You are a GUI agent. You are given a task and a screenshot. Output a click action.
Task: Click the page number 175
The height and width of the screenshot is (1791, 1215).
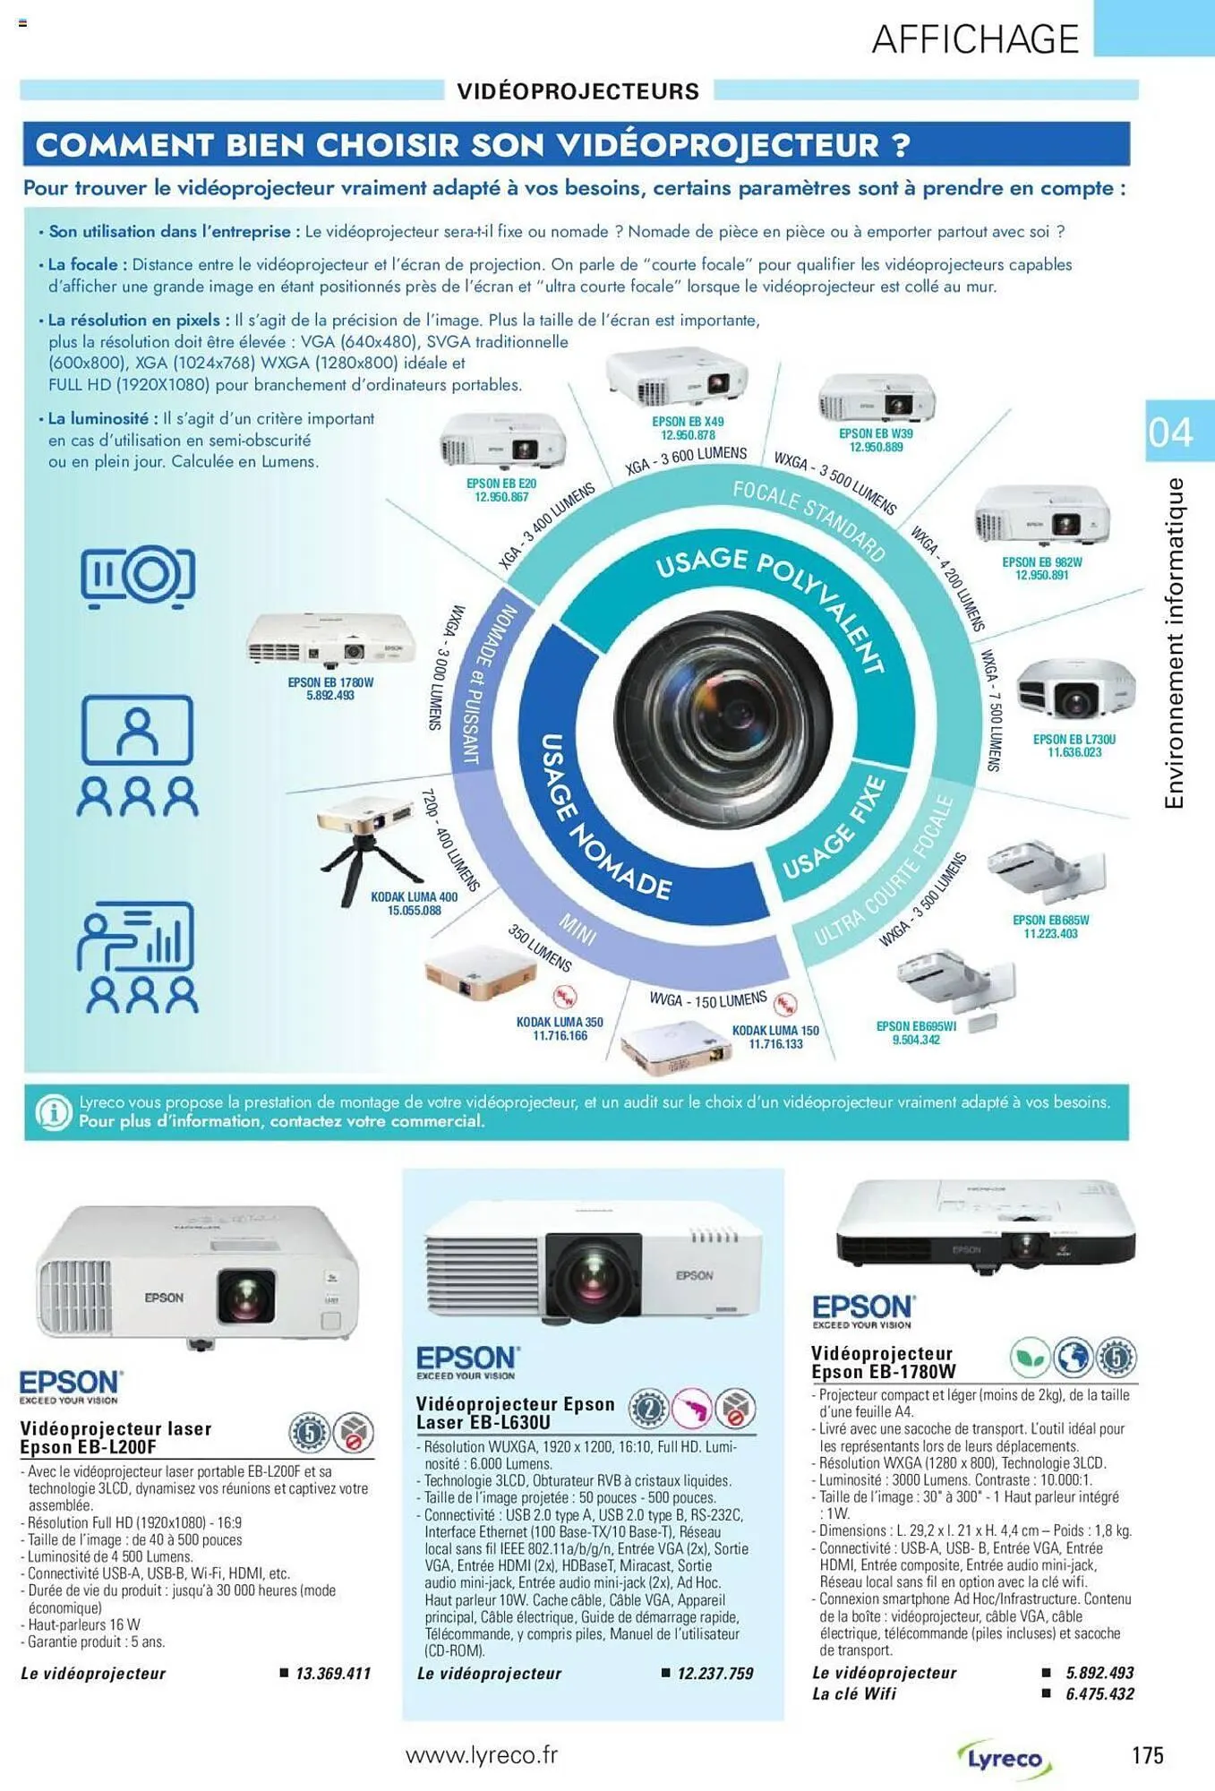pyautogui.click(x=1147, y=1754)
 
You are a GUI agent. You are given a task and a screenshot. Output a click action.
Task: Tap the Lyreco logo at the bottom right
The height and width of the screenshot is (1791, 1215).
pyautogui.click(x=1004, y=1759)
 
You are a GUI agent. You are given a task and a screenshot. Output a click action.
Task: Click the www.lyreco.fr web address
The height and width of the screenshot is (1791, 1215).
pyautogui.click(x=482, y=1754)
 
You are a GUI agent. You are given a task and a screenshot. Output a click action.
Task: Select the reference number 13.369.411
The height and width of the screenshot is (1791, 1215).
pyautogui.click(x=333, y=1673)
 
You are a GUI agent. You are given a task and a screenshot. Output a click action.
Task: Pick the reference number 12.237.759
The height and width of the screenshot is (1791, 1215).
pyautogui.click(x=715, y=1673)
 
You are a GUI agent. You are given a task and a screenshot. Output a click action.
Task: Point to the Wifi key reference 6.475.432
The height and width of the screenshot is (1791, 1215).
pyautogui.click(x=1099, y=1693)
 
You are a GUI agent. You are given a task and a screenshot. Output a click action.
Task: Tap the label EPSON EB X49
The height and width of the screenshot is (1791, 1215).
pyautogui.click(x=688, y=421)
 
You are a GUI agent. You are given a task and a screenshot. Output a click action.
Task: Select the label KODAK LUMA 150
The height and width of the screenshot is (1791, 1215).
pyautogui.click(x=775, y=1030)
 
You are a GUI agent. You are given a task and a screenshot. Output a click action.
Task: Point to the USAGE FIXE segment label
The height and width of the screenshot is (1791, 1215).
pyautogui.click(x=834, y=828)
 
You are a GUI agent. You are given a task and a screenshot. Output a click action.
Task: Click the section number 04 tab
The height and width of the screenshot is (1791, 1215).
pyautogui.click(x=1170, y=432)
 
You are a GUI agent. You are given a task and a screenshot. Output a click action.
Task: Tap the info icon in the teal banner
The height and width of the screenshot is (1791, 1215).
pyautogui.click(x=53, y=1112)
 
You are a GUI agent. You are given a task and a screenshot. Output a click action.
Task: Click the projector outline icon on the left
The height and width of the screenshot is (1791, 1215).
pyautogui.click(x=138, y=575)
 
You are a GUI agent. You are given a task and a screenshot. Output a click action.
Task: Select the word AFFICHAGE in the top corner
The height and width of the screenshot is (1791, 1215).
pyautogui.click(x=975, y=39)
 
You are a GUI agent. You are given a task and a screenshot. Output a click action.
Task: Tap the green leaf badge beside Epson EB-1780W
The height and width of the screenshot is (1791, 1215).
pyautogui.click(x=1030, y=1358)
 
